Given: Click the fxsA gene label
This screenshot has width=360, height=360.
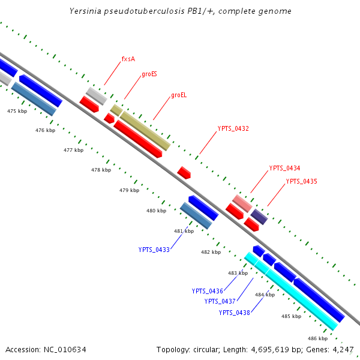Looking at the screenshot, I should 128,59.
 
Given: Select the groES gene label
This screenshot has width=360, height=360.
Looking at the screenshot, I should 149,75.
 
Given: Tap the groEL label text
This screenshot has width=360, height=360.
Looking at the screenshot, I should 179,95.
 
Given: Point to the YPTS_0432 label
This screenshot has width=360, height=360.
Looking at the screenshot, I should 233,128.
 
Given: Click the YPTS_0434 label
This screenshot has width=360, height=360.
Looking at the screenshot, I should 284,168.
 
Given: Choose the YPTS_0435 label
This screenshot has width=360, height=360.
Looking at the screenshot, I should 301,181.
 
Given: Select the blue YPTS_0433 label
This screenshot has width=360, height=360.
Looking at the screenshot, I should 154,250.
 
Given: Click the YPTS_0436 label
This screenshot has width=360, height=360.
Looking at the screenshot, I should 208,291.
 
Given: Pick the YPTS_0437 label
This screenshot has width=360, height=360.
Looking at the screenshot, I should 220,301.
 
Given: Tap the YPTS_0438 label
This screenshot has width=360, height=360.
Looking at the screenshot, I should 234,313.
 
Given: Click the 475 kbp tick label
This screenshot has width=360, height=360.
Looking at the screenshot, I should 17,111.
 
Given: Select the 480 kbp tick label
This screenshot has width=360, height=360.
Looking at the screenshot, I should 156,211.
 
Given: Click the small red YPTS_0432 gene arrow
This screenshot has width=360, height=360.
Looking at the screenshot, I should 184,173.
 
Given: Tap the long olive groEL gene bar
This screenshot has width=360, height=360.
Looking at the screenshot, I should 146,131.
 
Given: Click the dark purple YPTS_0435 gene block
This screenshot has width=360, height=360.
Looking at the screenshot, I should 259,217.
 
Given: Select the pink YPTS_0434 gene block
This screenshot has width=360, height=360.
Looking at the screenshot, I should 242,203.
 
